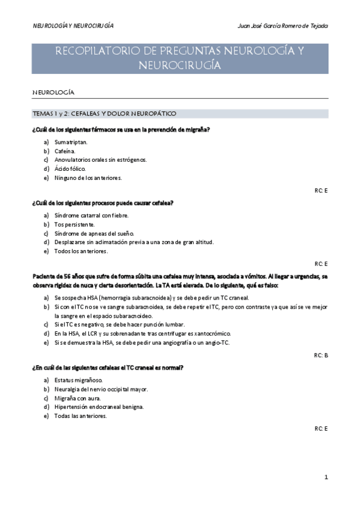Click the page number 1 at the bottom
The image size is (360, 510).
tap(326, 478)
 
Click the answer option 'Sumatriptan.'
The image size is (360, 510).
tap(71, 142)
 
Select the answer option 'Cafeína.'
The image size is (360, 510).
tap(65, 151)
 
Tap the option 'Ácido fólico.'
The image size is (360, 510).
tap(70, 169)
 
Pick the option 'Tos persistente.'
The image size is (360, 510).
tap(75, 224)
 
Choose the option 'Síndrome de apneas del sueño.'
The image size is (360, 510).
tap(90, 233)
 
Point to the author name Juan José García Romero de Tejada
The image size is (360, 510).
tap(283, 26)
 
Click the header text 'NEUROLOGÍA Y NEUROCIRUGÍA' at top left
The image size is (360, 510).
tap(73, 26)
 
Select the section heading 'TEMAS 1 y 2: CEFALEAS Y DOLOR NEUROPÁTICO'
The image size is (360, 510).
tap(104, 113)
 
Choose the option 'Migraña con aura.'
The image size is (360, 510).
tap(78, 398)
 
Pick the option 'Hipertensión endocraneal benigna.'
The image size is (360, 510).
tap(99, 407)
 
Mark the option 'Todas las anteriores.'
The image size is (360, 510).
tap(81, 416)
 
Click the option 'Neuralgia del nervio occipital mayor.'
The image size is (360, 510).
tap(101, 389)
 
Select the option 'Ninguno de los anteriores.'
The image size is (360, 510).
tap(88, 178)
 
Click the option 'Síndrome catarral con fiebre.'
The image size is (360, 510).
tap(91, 215)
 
